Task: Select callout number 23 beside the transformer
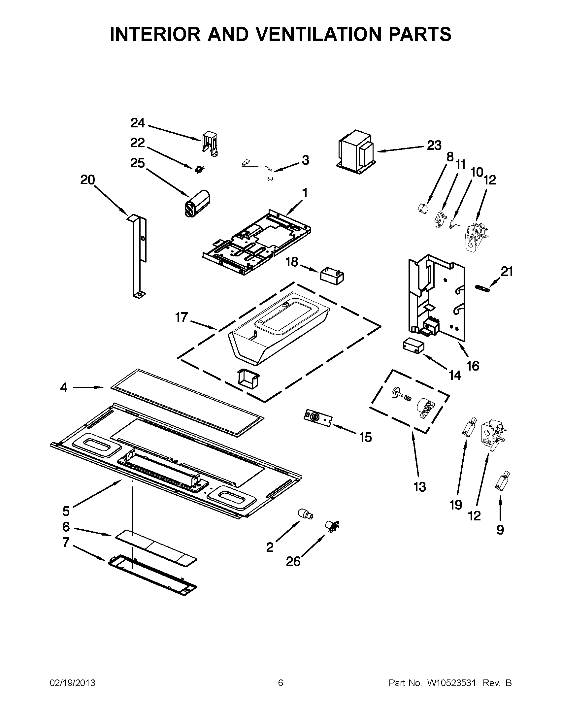[x=434, y=145]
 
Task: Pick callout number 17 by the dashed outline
[x=181, y=317]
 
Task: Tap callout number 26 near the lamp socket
[x=293, y=561]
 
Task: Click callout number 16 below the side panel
[x=473, y=366]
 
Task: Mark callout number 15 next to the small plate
[x=366, y=438]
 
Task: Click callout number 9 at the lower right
[x=500, y=530]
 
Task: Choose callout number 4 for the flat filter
[x=64, y=387]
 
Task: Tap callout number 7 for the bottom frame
[x=66, y=542]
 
